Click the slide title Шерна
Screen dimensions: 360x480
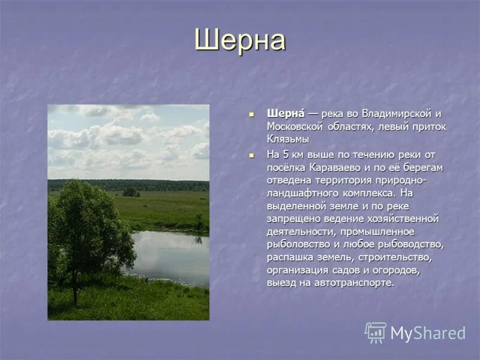(239, 41)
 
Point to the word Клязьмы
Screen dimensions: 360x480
(288, 139)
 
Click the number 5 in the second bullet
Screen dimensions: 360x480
(286, 154)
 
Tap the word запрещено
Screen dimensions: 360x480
(292, 218)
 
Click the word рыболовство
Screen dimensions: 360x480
(297, 244)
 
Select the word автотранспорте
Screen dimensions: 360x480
(359, 283)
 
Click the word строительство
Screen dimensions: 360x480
(395, 257)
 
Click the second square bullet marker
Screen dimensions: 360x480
(253, 155)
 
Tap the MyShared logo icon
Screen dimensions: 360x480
(376, 332)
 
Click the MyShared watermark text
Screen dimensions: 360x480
(428, 333)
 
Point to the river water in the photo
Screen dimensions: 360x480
(171, 255)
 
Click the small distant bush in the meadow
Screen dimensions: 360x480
(130, 193)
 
